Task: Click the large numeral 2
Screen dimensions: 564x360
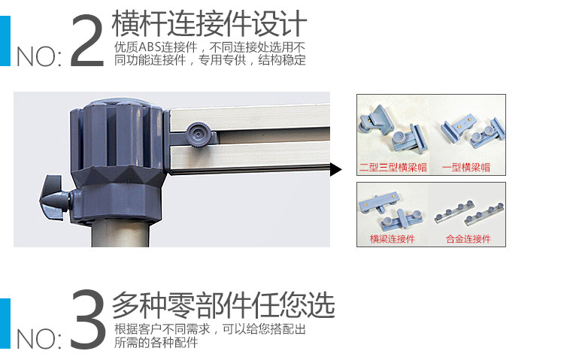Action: click(87, 41)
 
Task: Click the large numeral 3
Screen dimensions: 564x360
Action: click(87, 319)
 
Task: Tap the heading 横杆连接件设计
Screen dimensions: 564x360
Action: click(209, 23)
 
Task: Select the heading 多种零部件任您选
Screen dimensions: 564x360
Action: click(223, 304)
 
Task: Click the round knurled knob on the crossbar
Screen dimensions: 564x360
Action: click(197, 135)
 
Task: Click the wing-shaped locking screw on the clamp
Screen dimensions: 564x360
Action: click(54, 198)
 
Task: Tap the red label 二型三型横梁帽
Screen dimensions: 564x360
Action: click(393, 168)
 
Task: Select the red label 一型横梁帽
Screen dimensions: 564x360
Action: click(466, 168)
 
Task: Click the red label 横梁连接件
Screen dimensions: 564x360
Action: click(393, 239)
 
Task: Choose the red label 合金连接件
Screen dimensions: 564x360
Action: click(468, 239)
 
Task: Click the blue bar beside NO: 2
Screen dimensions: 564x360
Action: click(5, 41)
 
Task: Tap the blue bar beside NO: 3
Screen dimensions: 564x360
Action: click(5, 323)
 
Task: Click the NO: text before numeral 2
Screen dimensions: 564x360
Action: click(39, 57)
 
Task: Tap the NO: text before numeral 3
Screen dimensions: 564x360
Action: click(39, 339)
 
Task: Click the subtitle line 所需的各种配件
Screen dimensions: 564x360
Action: click(156, 343)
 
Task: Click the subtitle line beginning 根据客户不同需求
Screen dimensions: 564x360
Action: click(210, 329)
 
